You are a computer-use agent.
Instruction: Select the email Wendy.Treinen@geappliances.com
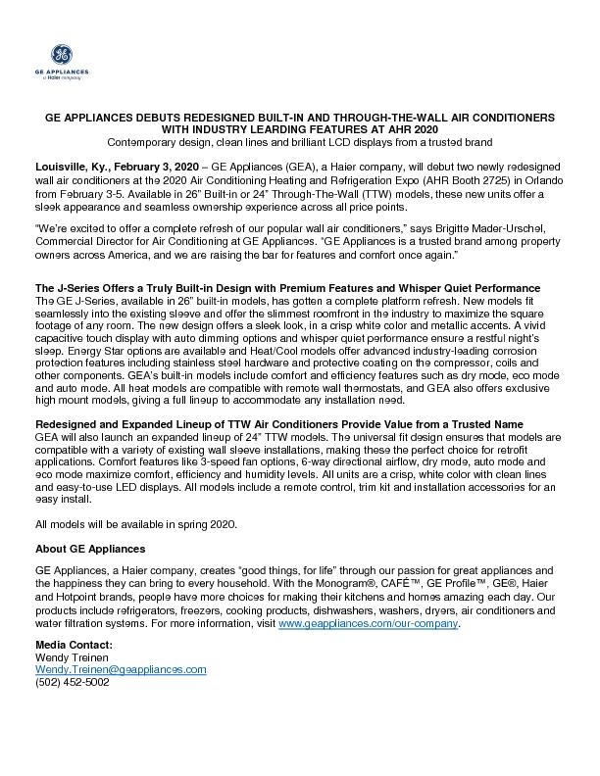[121, 669]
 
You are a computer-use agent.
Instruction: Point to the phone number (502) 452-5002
[73, 682]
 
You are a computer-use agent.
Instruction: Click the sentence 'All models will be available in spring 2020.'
[135, 525]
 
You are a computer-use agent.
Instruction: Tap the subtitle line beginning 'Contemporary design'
[299, 141]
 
